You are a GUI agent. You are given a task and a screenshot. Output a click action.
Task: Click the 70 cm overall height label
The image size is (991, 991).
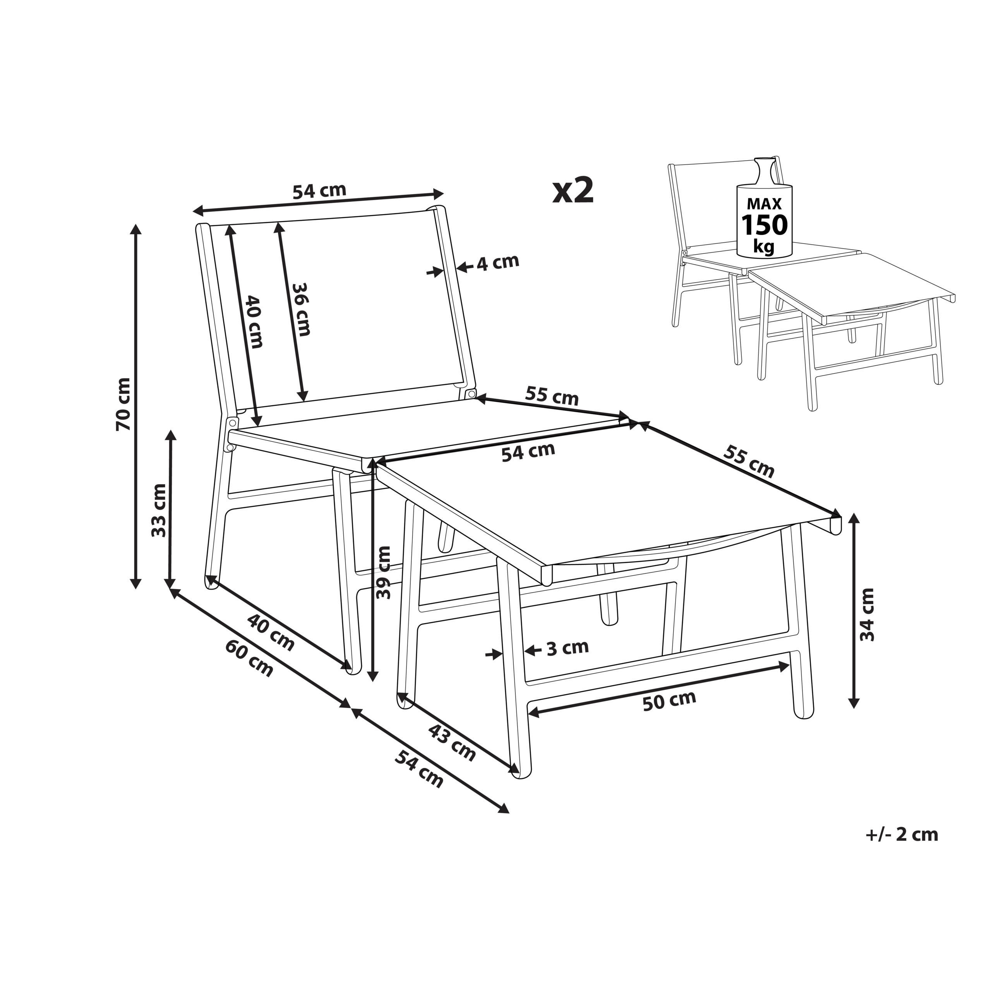[123, 404]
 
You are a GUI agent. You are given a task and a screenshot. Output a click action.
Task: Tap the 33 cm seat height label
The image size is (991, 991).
[159, 510]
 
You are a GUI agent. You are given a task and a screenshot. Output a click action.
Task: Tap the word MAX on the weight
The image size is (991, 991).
[764, 204]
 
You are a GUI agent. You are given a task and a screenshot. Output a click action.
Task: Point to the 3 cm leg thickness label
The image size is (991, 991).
[568, 648]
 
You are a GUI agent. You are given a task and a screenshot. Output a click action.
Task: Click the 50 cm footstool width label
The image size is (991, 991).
[669, 701]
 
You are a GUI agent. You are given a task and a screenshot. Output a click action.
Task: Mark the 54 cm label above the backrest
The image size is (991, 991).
[320, 190]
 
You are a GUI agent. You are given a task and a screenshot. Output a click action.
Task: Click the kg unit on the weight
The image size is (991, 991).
[764, 248]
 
